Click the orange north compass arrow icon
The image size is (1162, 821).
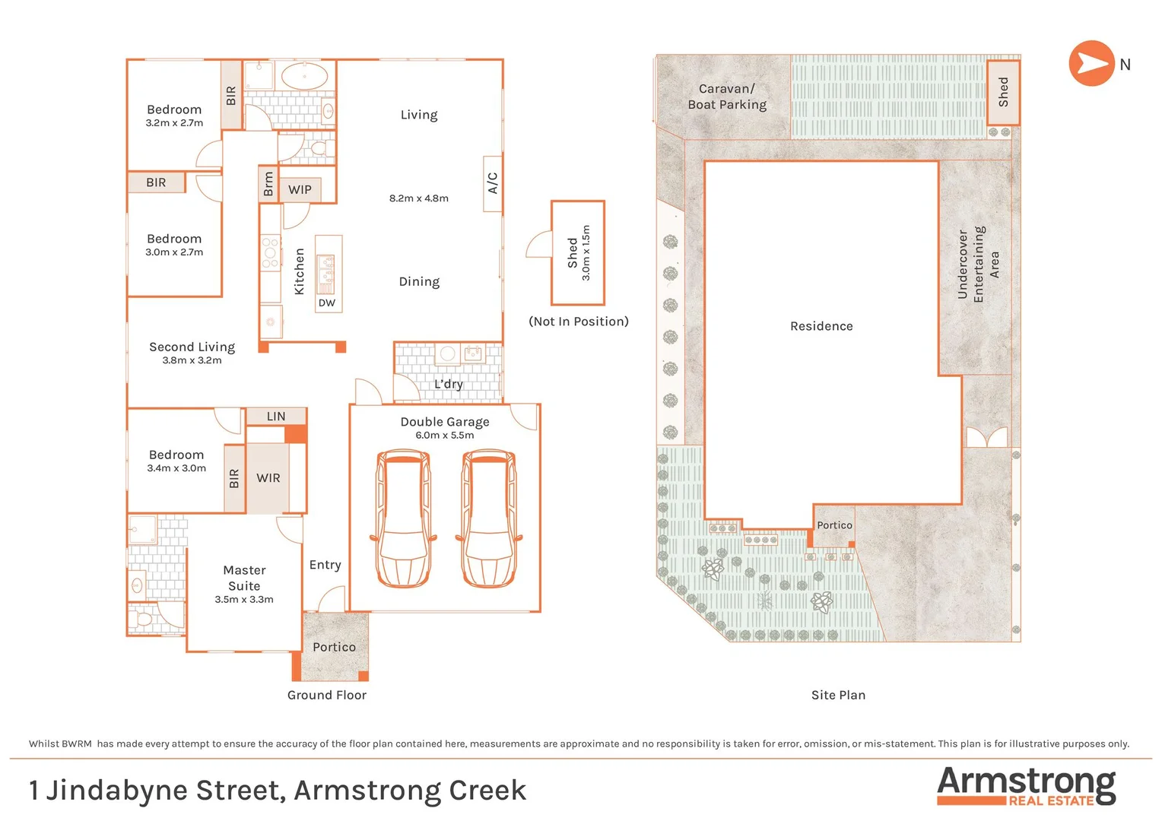click(x=1091, y=64)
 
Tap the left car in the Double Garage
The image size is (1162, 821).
click(x=403, y=518)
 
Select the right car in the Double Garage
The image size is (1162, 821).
click(x=489, y=518)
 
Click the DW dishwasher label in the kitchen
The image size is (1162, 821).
click(x=327, y=303)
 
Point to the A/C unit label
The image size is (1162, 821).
click(x=493, y=183)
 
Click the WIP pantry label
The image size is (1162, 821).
click(x=300, y=189)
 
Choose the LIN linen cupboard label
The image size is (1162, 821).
click(x=276, y=417)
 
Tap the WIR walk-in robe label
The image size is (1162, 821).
click(x=268, y=478)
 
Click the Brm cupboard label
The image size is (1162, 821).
click(x=268, y=184)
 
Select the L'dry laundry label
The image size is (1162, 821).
click(x=448, y=384)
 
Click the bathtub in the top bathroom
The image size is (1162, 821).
click(x=305, y=77)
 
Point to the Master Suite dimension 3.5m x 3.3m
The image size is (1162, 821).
click(x=244, y=600)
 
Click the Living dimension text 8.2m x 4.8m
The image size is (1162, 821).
click(x=419, y=198)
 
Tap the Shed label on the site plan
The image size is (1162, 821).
click(x=1003, y=92)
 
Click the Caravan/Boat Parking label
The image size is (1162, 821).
click(x=727, y=97)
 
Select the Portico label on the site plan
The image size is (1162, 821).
click(x=834, y=525)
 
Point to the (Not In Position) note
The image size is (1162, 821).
click(x=579, y=322)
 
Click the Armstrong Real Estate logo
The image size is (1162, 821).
click(x=1026, y=786)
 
